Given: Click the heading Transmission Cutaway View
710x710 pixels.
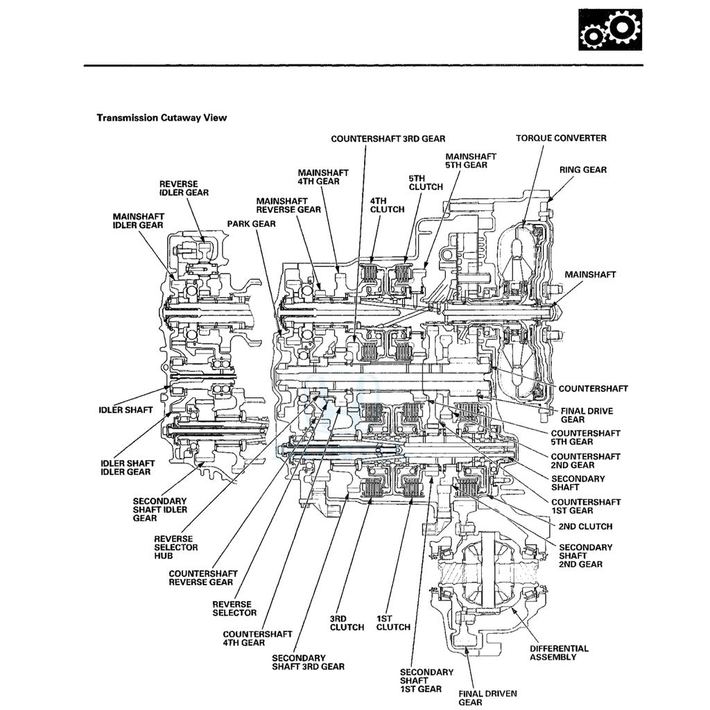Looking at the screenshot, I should (162, 118).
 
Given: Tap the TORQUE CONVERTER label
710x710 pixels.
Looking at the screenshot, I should (560, 138).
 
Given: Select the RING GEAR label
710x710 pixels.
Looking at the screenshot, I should (582, 170).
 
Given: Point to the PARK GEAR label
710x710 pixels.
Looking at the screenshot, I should (251, 224).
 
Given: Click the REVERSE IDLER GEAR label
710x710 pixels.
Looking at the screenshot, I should (184, 188).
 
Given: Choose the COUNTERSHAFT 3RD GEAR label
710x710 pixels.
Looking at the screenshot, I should (388, 139).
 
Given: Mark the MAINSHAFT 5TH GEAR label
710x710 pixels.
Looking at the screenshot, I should (471, 161).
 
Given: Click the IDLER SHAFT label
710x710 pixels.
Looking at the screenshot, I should (125, 410).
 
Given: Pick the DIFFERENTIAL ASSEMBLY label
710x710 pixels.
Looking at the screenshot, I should (559, 652).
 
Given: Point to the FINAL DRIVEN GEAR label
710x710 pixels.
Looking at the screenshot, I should (480, 698).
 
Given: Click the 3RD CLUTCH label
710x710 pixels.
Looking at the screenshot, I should (347, 623).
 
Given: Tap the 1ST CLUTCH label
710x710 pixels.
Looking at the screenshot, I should (393, 623).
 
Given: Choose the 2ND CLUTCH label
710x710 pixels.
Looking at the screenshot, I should (586, 526).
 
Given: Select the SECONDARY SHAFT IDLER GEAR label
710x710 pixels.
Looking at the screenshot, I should (159, 510).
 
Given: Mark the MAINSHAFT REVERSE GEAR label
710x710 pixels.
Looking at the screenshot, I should (288, 205).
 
